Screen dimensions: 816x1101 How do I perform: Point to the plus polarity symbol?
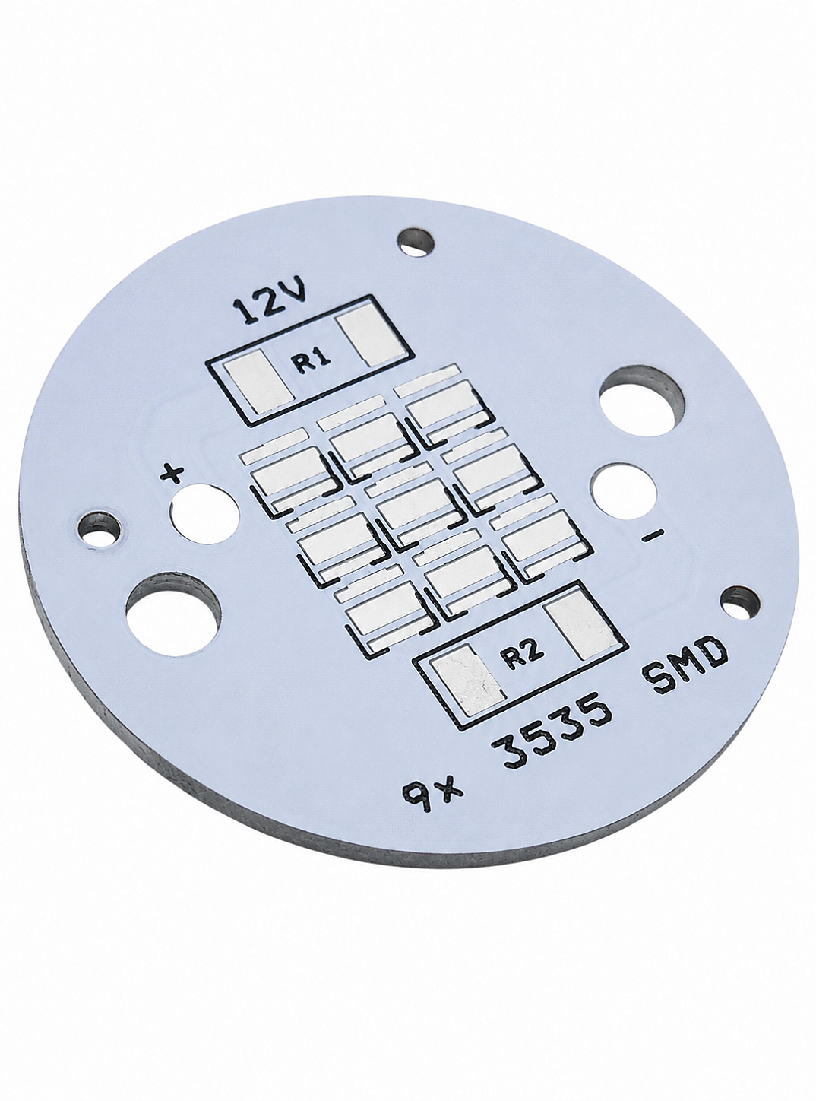pos(172,474)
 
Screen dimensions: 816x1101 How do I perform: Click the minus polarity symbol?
pos(653,535)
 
